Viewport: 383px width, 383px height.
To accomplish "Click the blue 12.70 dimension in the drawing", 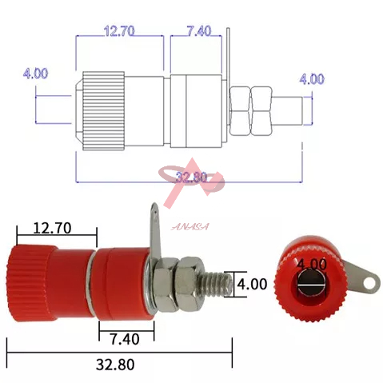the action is coord(119,31).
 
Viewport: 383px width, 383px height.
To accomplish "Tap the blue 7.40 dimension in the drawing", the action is coord(199,31).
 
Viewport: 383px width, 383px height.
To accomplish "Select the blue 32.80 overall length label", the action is coord(191,178).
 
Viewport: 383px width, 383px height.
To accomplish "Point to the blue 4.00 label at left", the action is coord(35,74).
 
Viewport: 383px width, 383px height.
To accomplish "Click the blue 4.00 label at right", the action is coord(312,79).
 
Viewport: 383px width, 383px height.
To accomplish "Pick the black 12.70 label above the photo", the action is coord(52,228).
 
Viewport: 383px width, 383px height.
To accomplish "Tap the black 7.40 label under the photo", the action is coord(125,339).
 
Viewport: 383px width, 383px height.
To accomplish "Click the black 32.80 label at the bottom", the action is coord(115,365).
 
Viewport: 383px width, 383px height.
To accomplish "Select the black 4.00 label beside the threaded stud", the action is coord(252,284).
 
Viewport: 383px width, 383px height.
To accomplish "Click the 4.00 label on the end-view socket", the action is coord(312,264).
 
